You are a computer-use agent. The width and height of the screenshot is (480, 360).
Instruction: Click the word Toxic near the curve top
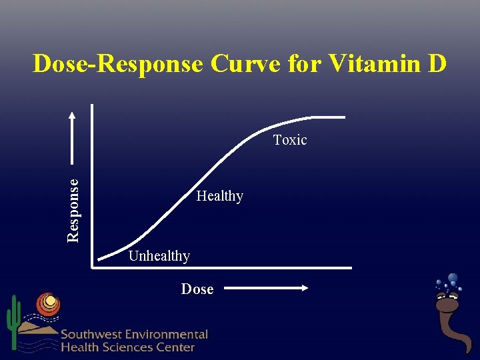point(290,140)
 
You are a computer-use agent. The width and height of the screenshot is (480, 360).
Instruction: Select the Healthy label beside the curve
point(219,196)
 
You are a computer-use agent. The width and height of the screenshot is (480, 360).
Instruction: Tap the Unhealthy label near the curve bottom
point(159,256)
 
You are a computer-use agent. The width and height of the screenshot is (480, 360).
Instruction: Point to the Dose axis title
point(197,289)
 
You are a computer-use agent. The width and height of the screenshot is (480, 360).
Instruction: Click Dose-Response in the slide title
point(117,64)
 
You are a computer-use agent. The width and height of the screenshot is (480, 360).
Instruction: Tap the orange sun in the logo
point(48,305)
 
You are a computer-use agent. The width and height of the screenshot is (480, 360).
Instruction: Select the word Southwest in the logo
point(95,335)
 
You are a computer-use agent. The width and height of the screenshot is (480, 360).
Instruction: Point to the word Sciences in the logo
point(130,347)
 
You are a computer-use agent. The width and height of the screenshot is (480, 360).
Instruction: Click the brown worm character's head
point(447,303)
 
